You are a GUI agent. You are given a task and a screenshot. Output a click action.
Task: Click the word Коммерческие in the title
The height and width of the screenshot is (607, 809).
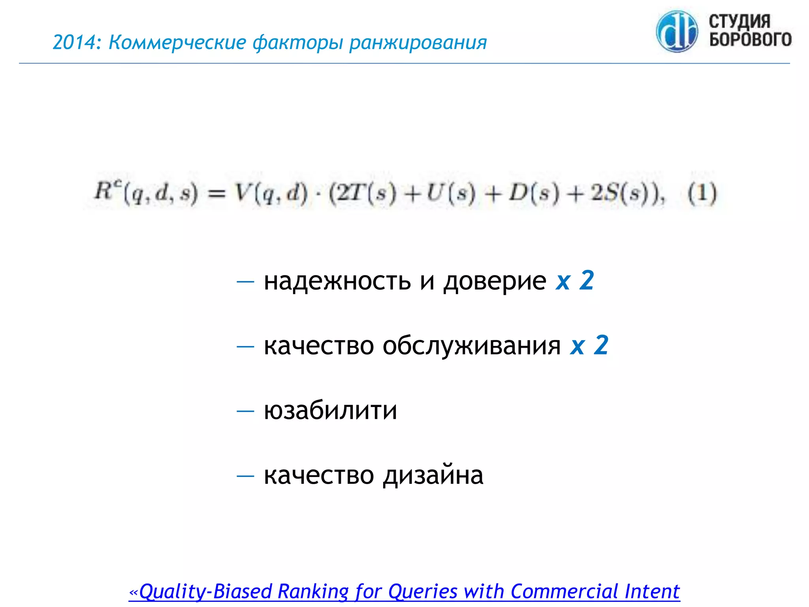[x=177, y=42]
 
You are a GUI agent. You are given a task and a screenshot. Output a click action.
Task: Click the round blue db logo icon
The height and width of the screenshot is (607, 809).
[x=677, y=32]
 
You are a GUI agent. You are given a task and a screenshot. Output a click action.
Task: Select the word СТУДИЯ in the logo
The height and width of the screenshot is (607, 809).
[x=739, y=21]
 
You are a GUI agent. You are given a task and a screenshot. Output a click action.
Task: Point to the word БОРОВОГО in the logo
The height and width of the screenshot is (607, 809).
[x=750, y=40]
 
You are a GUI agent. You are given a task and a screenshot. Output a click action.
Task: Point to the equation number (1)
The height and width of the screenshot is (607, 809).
[x=702, y=193]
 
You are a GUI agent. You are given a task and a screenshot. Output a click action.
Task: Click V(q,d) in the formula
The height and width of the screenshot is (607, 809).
[x=271, y=193]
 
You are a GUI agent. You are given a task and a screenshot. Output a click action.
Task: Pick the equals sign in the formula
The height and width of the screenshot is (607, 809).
[x=216, y=194]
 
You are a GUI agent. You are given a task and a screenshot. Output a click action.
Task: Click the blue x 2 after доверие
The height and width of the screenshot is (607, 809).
[x=575, y=281]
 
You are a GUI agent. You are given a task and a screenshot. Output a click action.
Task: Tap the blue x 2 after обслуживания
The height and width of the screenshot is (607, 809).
[x=589, y=345]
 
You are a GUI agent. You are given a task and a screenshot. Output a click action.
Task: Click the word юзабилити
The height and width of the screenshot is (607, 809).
[x=330, y=410]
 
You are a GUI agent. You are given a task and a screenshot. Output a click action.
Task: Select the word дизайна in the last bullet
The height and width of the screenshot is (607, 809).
[x=433, y=475]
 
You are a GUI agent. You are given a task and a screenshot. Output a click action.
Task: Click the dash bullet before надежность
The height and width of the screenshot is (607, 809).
[x=245, y=281]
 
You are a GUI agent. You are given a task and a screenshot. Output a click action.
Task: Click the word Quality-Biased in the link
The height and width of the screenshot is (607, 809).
[x=205, y=592]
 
